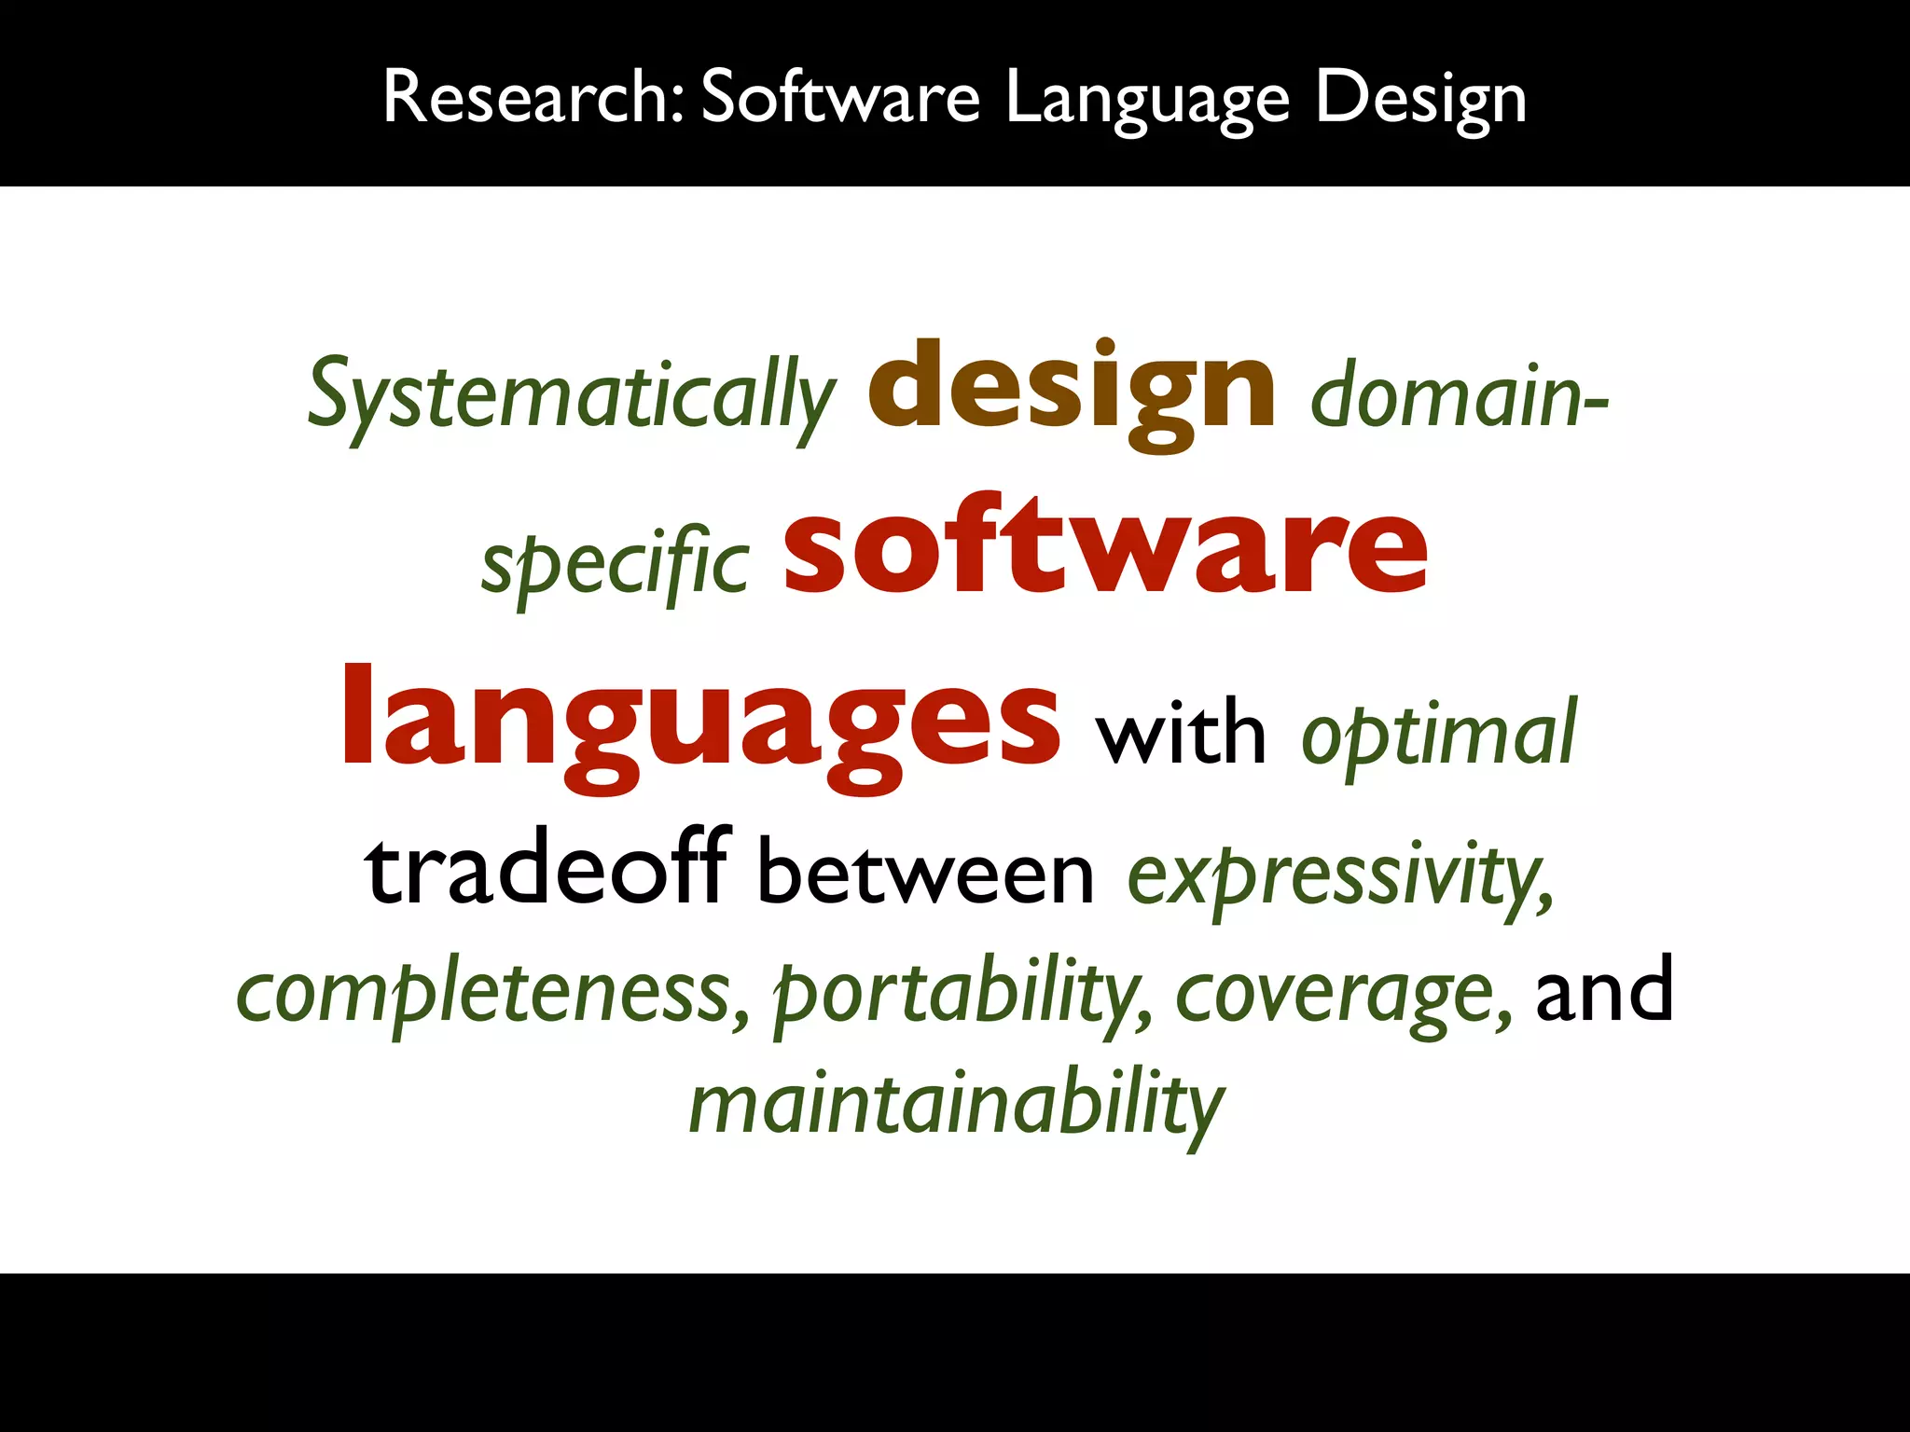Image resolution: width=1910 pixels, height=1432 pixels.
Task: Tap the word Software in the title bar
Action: click(x=839, y=96)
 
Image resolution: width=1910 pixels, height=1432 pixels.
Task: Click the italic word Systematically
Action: click(x=571, y=395)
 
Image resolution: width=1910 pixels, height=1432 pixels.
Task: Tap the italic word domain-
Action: click(x=1459, y=395)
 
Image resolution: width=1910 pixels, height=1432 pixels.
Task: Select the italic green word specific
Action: click(x=616, y=562)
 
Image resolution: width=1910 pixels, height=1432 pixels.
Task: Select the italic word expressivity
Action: click(x=1340, y=876)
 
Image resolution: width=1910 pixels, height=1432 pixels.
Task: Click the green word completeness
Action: click(x=491, y=993)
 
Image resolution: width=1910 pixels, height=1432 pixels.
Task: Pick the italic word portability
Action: click(x=961, y=993)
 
